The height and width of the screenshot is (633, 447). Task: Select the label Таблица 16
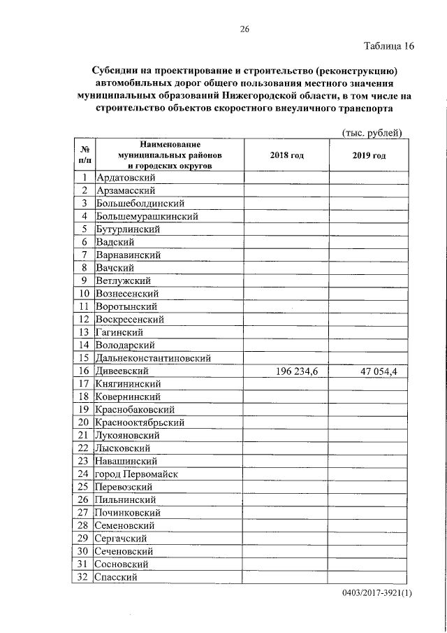coord(390,47)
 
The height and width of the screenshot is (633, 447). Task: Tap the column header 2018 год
coord(286,155)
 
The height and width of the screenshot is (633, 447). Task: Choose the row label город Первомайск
coord(138,474)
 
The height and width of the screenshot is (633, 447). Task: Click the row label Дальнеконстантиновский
coord(154,358)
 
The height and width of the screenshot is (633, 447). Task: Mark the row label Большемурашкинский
coord(147,216)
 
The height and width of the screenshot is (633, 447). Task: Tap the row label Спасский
coord(117,577)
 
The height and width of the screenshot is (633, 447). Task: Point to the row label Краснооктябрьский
coord(140,422)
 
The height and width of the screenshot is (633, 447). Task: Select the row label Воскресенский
coord(131,319)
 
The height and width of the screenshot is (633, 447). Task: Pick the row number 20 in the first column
coord(83,422)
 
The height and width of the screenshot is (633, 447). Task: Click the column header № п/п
coord(83,155)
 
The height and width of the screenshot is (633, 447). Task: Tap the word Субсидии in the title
coord(116,71)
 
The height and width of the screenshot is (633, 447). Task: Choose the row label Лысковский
coord(123,448)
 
